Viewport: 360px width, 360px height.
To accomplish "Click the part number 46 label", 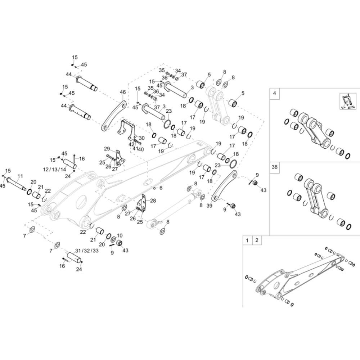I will click(123, 92).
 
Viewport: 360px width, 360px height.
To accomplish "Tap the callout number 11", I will click(20, 176).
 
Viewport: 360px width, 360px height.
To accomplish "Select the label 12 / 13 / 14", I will click(54, 169).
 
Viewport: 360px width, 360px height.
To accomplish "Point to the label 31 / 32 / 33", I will click(87, 250).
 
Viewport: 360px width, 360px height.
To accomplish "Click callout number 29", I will click(107, 149).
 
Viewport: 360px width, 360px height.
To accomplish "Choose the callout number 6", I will click(161, 188).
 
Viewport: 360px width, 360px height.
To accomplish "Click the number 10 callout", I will click(120, 235).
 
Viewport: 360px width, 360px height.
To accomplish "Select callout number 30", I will click(141, 138).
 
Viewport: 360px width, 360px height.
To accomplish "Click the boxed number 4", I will click(275, 93).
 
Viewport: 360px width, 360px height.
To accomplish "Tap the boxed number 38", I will click(275, 167).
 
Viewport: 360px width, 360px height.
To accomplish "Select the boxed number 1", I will click(247, 240).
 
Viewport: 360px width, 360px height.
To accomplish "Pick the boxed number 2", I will click(257, 240).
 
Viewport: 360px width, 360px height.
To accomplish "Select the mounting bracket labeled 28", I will click(143, 203).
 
